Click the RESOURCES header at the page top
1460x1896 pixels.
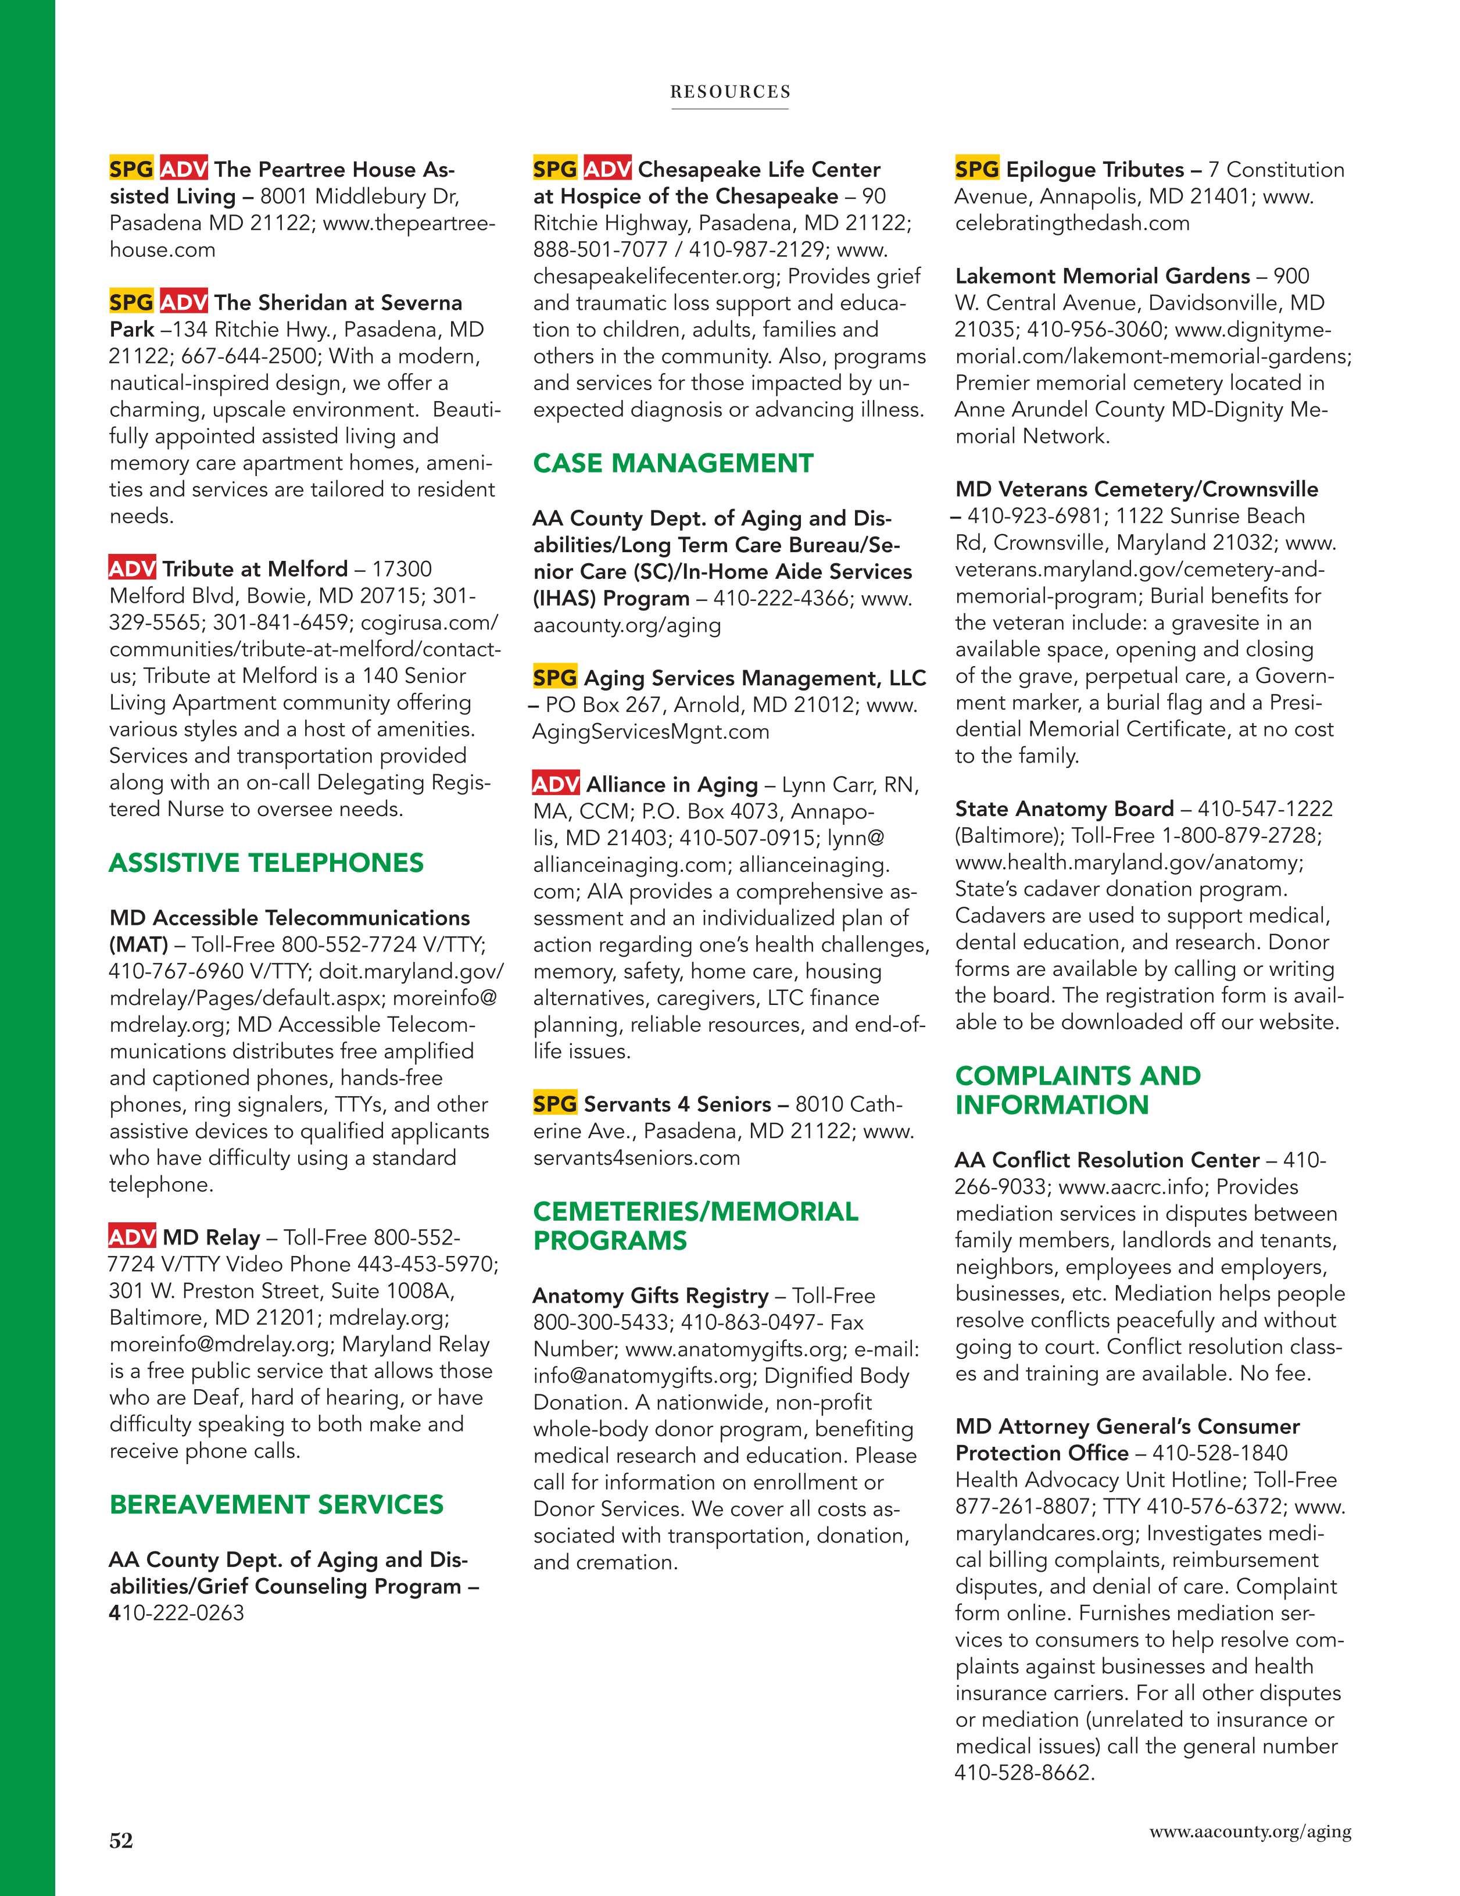tap(730, 92)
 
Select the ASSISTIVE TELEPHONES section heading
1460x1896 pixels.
tap(266, 863)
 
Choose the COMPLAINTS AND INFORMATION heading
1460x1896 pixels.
tap(1077, 1090)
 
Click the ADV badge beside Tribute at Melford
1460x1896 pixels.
tap(132, 568)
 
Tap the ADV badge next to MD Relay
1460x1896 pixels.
tap(132, 1237)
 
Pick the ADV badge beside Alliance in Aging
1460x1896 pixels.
tap(556, 785)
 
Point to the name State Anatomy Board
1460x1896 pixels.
tap(1064, 809)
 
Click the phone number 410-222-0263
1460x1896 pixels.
tap(177, 1613)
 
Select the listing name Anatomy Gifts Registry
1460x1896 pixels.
tap(650, 1296)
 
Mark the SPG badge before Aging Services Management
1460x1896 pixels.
tap(554, 678)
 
